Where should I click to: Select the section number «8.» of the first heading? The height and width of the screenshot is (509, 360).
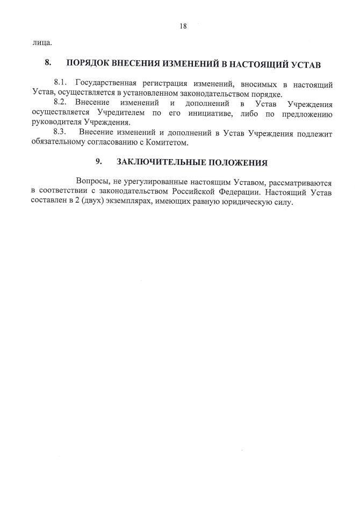click(x=48, y=63)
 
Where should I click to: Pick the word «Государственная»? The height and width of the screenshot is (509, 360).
click(x=110, y=84)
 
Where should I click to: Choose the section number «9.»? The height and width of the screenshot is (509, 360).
click(x=99, y=162)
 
